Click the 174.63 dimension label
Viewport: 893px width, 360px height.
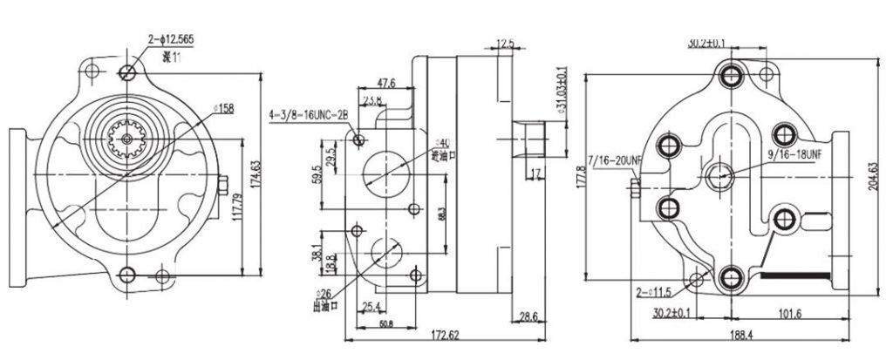(256, 176)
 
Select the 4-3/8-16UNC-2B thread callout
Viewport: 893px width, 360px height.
(308, 114)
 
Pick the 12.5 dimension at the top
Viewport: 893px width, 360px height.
(505, 44)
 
